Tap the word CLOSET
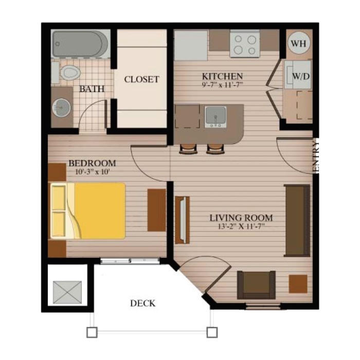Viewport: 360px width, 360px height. pos(141,80)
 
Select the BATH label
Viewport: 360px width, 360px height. pos(92,89)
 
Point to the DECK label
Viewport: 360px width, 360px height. pos(142,303)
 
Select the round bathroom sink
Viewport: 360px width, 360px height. pos(61,109)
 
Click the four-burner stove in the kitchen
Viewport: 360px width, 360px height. pos(244,44)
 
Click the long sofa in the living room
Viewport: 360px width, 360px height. pos(297,220)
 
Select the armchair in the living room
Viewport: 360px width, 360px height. pos(256,284)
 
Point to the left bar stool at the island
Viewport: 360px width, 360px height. pos(188,149)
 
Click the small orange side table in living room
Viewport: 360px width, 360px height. pos(298,284)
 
